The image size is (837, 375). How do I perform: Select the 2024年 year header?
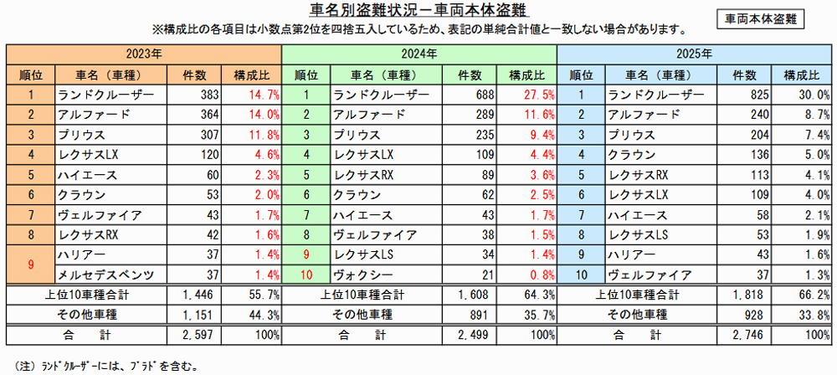click(419, 54)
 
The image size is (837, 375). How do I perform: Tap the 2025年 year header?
click(695, 54)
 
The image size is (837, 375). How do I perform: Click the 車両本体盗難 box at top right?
click(761, 18)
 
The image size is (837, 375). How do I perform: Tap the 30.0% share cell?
click(811, 95)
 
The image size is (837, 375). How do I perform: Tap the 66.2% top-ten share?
click(811, 294)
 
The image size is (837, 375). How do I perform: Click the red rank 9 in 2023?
click(30, 265)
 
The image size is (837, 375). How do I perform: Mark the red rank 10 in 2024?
click(308, 274)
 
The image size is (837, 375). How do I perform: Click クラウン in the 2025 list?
click(629, 154)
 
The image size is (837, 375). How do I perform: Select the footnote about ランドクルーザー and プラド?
click(104, 365)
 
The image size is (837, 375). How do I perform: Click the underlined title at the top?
click(418, 11)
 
